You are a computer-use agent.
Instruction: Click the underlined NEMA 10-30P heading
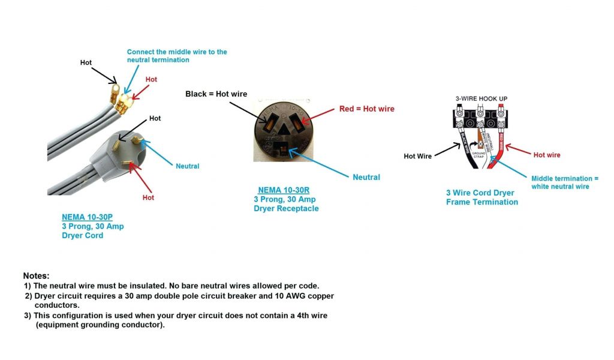85,217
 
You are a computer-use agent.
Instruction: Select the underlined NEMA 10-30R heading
284,190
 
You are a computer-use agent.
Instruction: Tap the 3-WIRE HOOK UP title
481,98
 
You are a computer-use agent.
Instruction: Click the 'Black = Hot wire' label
216,94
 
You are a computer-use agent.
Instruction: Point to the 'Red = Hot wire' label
366,109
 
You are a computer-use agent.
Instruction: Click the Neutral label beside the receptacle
366,177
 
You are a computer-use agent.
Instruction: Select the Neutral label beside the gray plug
187,166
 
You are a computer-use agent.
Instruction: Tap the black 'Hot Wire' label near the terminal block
417,156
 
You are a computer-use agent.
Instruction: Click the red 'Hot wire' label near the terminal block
546,155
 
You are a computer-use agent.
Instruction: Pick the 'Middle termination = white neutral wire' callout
564,182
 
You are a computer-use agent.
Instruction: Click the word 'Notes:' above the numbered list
36,275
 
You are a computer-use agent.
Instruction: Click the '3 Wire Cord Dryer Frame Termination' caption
481,197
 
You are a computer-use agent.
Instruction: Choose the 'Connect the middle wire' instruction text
176,56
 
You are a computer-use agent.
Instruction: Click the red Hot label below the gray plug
148,197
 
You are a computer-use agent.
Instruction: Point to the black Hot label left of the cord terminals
86,62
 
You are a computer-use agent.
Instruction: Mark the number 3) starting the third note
28,315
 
